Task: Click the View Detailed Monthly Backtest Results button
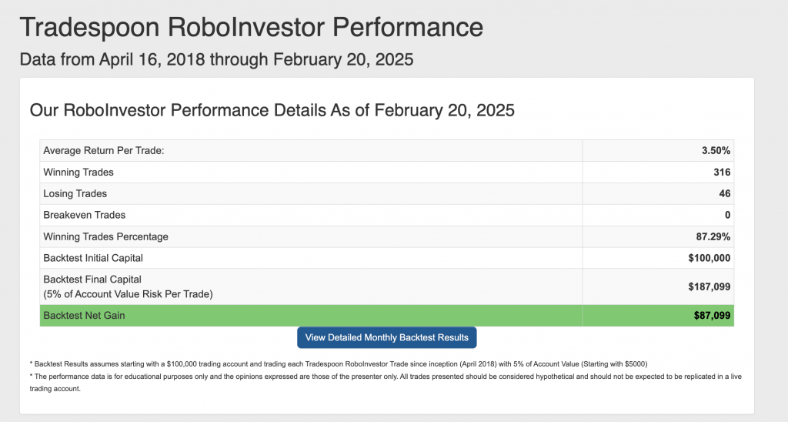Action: pos(386,337)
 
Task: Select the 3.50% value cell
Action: pos(716,150)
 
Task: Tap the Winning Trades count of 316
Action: pos(722,172)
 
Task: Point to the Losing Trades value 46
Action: pos(725,193)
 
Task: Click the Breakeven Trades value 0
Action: pos(727,216)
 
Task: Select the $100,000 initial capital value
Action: pos(709,258)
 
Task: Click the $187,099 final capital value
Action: pos(709,286)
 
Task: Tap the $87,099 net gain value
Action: pos(712,316)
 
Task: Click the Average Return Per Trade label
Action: pos(104,150)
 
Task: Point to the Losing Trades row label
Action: pos(75,193)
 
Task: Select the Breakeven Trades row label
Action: pos(85,216)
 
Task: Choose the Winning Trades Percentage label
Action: pos(105,236)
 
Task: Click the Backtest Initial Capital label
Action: pos(93,258)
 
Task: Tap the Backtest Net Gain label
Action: pos(84,316)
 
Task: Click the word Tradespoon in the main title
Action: pos(89,27)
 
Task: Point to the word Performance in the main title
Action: pos(408,27)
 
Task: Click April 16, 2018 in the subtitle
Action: pos(152,59)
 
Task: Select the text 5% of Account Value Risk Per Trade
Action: pos(129,293)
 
